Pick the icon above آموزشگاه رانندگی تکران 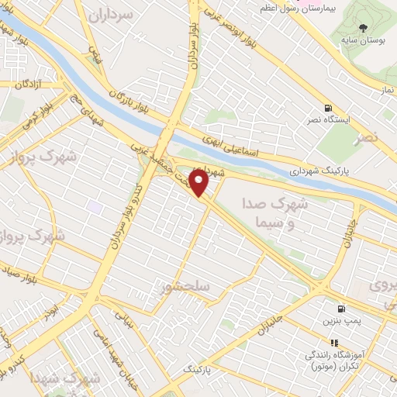[334, 342]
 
